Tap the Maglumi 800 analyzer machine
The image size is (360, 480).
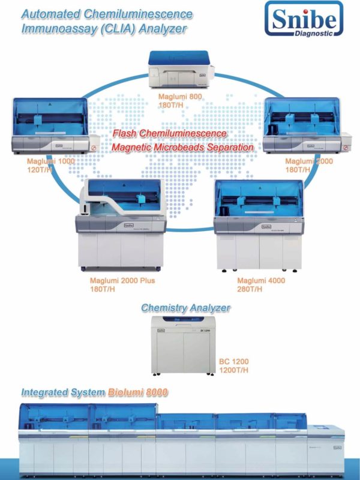(x=181, y=71)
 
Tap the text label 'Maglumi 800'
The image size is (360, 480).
(x=181, y=96)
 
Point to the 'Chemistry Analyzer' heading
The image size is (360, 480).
(x=185, y=308)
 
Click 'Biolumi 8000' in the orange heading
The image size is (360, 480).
(x=138, y=392)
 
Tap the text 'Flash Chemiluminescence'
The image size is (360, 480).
(x=170, y=133)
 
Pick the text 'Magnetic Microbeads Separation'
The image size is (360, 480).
(x=182, y=146)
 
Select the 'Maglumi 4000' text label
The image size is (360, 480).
(x=261, y=281)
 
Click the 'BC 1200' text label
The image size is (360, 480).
(x=233, y=362)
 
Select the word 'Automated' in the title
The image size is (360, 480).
(x=53, y=13)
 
